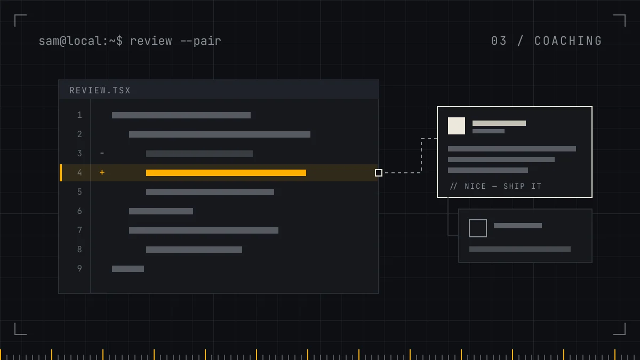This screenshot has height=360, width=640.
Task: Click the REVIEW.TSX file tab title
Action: click(x=100, y=91)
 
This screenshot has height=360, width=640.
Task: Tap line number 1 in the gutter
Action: click(x=79, y=115)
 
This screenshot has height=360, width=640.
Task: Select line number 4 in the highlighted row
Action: click(x=79, y=173)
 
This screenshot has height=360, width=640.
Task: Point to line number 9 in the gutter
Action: click(x=79, y=269)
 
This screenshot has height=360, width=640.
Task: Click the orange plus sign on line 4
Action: click(x=102, y=172)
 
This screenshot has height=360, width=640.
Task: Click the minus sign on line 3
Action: click(x=102, y=154)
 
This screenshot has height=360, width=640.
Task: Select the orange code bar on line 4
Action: click(x=226, y=173)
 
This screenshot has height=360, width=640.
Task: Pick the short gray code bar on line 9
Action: click(x=128, y=269)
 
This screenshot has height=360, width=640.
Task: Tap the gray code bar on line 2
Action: click(x=220, y=134)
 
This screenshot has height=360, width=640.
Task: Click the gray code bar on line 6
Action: click(x=161, y=211)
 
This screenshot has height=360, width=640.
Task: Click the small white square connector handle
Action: click(x=379, y=173)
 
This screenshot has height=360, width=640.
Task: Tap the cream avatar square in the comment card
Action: click(x=457, y=126)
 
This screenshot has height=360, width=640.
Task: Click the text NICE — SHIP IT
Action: click(x=503, y=186)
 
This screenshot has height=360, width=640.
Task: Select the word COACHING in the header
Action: click(x=568, y=41)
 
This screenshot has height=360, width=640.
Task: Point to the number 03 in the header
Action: click(x=499, y=41)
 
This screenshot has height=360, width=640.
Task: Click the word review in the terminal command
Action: click(x=151, y=41)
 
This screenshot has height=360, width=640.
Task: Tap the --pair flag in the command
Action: click(x=201, y=41)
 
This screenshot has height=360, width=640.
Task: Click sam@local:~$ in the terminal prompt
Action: click(x=81, y=41)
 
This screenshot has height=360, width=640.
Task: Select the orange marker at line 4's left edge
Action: click(x=61, y=173)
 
